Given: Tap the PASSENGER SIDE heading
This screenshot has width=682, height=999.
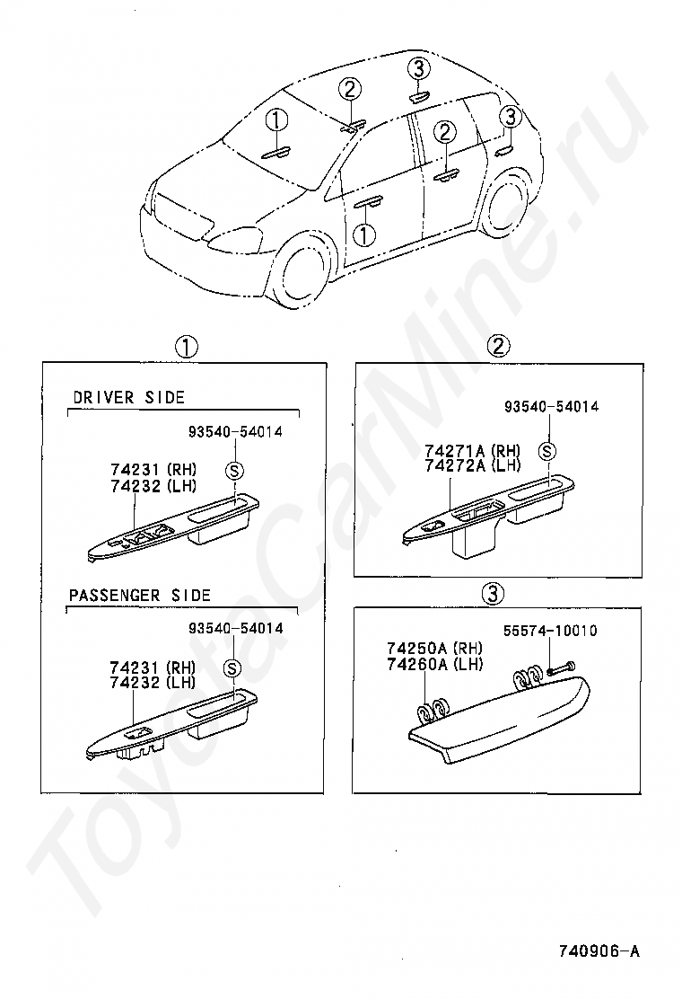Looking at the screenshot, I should [140, 595].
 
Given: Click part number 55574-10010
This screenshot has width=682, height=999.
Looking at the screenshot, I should [550, 631].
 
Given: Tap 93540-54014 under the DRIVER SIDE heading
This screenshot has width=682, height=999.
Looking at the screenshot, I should [235, 431].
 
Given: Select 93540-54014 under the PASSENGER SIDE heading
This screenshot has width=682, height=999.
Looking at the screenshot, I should [235, 628].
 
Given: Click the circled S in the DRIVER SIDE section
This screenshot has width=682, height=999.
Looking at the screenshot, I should [233, 470].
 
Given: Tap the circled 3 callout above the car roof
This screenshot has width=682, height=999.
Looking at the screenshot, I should [419, 68].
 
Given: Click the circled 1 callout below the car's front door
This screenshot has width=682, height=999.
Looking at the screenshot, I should [363, 235].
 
